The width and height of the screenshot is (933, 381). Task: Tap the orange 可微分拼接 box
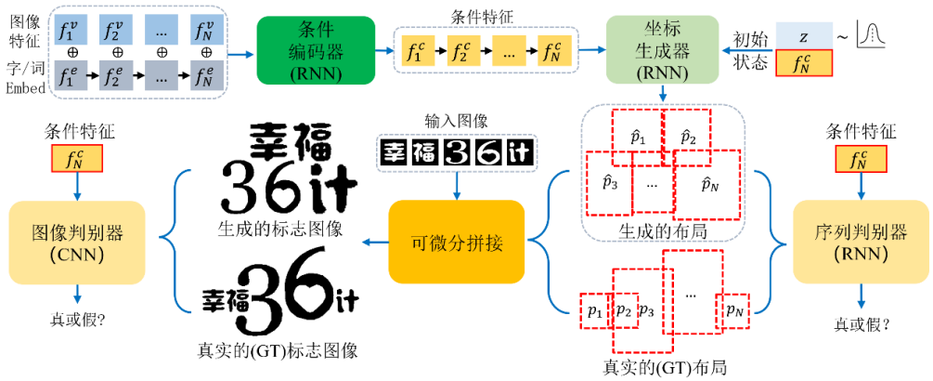[x=457, y=243]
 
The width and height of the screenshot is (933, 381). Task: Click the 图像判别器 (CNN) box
[x=77, y=243]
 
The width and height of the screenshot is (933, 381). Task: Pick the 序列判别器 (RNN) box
[x=859, y=243]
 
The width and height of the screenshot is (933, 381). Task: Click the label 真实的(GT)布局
[x=664, y=366]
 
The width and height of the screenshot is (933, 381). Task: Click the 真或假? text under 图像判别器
[x=77, y=319]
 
